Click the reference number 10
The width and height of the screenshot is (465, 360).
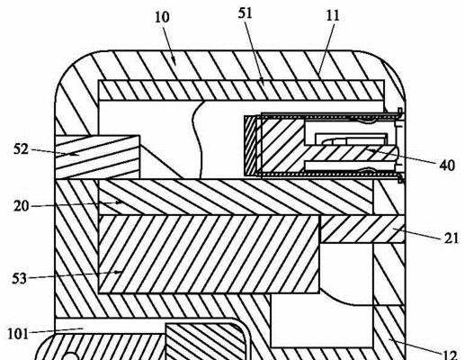[162, 17]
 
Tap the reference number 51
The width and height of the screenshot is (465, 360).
[245, 13]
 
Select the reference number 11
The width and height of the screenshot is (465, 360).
[333, 15]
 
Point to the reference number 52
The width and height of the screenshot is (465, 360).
[21, 149]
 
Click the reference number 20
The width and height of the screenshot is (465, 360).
[22, 206]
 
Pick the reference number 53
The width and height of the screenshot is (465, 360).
[20, 279]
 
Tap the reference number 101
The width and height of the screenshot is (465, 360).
[18, 334]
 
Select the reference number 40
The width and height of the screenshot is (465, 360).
[447, 166]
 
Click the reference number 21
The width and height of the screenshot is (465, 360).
[452, 238]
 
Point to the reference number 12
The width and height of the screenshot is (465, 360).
[450, 355]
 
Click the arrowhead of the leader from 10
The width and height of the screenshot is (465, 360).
[174, 62]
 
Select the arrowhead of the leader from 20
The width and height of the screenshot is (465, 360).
[119, 202]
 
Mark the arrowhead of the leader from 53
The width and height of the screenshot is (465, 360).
[119, 272]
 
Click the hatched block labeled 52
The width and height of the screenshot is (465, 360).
[97, 157]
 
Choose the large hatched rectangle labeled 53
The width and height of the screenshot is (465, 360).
[210, 254]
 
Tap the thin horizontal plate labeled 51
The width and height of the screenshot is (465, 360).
[241, 90]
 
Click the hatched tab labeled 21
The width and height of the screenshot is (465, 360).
[362, 229]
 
